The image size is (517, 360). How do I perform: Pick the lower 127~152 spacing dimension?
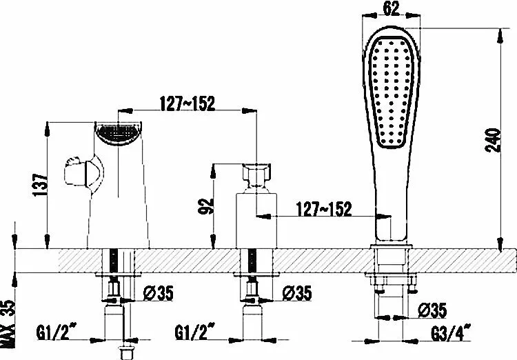pyautogui.click(x=323, y=208)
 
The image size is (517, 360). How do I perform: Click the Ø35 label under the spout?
pyautogui.click(x=157, y=293)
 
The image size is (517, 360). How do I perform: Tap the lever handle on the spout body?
pyautogui.click(x=82, y=172)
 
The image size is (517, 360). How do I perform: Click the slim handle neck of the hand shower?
pyautogui.click(x=386, y=207)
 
